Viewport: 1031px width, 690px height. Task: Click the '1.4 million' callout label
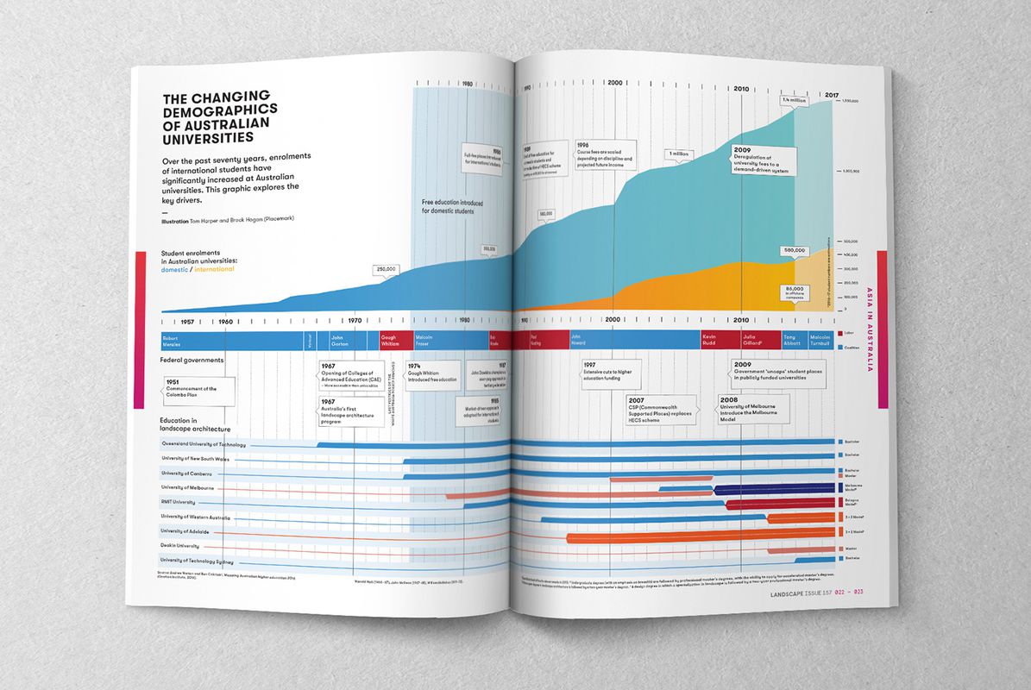794,100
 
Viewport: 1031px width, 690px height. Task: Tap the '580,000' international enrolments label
794,250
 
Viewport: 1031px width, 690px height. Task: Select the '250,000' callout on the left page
386,269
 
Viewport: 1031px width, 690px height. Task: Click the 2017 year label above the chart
832,94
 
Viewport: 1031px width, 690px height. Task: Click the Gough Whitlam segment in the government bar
390,340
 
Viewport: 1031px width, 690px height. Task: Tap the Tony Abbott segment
792,338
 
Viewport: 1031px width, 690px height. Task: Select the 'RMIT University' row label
178,502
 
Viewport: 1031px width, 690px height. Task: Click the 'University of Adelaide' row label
185,531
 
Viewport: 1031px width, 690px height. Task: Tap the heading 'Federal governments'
192,360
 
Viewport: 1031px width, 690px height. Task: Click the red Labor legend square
839,333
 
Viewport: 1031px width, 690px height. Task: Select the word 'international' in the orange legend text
214,270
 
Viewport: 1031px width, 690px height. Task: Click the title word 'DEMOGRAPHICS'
220,110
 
